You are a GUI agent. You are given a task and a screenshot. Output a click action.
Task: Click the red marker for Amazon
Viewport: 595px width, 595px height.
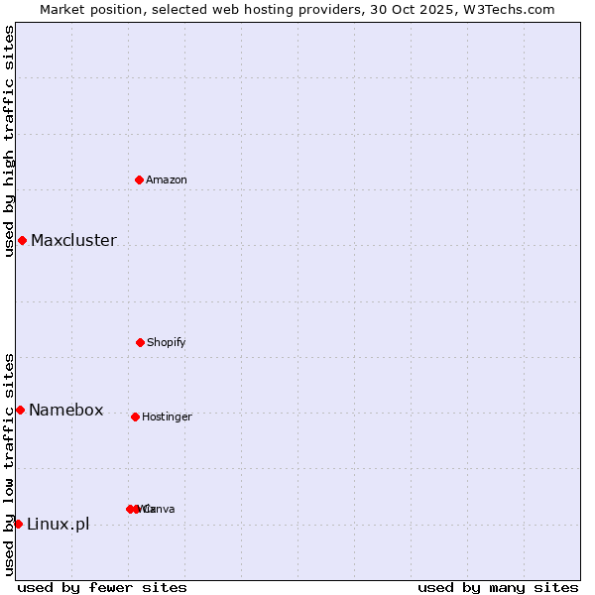pos(140,179)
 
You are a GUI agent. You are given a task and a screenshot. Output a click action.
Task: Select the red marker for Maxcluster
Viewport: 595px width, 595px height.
pos(22,240)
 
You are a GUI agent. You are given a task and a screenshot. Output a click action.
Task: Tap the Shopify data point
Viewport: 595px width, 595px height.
pos(140,342)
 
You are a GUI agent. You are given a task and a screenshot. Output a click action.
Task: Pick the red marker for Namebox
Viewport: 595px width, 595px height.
pos(20,410)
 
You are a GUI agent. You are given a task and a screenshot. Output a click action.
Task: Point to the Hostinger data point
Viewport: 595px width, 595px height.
pos(135,416)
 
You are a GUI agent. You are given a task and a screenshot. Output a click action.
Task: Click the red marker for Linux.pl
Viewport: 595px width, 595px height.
pos(18,524)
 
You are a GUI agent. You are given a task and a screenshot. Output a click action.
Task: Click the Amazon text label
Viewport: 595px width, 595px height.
pos(167,179)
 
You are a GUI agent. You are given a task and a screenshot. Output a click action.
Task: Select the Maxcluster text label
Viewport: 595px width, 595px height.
pos(73,240)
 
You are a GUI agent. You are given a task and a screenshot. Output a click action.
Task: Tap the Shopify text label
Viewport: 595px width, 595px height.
pos(167,342)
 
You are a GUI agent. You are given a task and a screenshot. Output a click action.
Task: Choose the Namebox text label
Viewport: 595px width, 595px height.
pos(65,410)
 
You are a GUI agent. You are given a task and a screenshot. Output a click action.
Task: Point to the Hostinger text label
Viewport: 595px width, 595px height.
pos(167,416)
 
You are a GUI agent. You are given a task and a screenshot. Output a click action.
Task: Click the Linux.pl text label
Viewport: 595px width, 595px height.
pos(58,524)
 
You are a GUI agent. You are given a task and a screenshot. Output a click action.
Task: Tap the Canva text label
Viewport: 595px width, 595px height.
pos(159,509)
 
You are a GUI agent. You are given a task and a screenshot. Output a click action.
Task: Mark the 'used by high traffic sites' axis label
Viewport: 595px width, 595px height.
pos(9,141)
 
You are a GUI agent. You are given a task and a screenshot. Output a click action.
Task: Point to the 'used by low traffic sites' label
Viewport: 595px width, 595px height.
pos(9,464)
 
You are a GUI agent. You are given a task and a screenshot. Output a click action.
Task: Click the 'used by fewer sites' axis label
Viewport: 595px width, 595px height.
pos(102,587)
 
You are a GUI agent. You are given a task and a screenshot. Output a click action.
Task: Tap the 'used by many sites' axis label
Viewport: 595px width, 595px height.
pos(498,587)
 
